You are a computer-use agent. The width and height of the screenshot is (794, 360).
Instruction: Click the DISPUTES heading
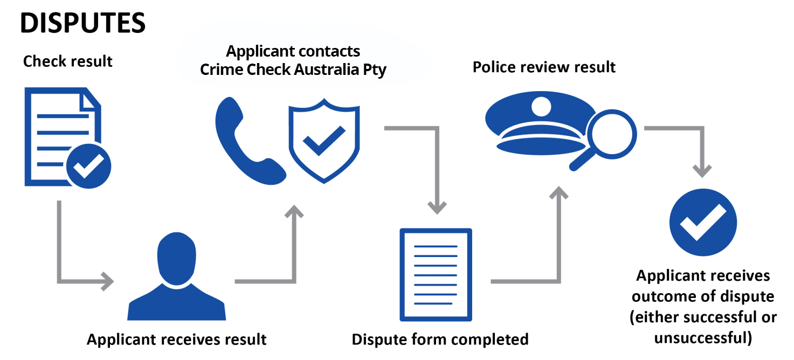tap(83, 23)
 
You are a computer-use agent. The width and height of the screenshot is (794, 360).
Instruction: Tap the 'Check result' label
tap(68, 61)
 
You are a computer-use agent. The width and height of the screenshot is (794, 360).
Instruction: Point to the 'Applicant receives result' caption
tap(176, 340)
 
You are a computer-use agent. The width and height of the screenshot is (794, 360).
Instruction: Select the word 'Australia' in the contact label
tap(324, 70)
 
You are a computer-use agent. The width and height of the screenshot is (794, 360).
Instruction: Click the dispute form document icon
tap(435, 275)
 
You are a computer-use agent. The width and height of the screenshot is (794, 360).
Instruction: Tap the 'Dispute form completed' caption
tap(440, 340)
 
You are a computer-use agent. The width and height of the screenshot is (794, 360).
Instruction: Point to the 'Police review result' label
tap(544, 67)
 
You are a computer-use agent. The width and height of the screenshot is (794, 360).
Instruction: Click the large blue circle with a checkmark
tap(702, 222)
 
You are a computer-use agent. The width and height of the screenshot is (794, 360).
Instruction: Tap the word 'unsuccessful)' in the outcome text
tap(702, 338)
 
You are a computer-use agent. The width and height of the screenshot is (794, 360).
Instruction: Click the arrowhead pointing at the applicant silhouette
tap(107, 281)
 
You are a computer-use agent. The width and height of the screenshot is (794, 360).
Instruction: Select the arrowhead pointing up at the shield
tap(294, 212)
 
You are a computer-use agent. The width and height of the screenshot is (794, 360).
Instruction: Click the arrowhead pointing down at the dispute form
tap(437, 205)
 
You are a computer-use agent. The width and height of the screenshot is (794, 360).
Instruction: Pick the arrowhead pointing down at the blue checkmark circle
tap(701, 170)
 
